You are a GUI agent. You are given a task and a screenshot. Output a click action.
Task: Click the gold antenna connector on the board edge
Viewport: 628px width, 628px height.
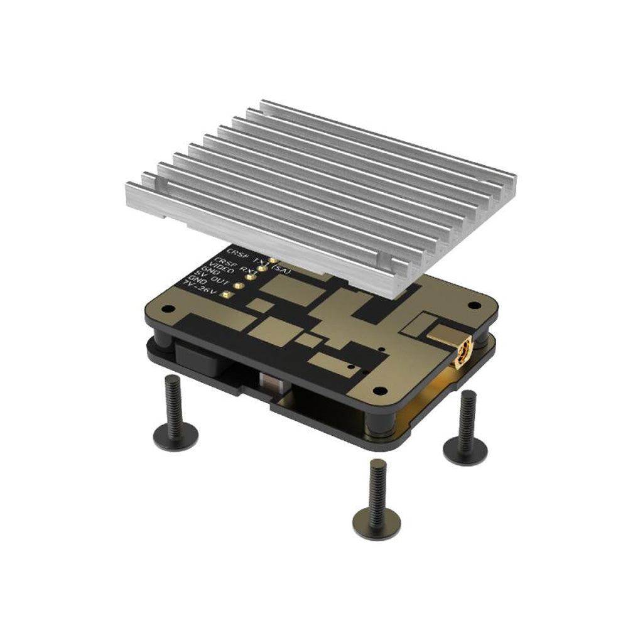pyautogui.click(x=464, y=353)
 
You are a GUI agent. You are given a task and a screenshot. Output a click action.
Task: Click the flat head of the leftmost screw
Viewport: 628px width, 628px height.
pyautogui.click(x=176, y=435)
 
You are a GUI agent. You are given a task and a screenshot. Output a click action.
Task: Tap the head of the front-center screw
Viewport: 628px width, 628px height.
pyautogui.click(x=376, y=522)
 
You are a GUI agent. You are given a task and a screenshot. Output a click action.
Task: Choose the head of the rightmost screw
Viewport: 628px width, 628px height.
pyautogui.click(x=465, y=450)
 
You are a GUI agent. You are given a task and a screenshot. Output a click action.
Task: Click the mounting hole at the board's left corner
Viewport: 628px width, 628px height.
pyautogui.click(x=167, y=310)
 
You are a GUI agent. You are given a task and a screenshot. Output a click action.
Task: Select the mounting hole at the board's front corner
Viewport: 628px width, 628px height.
pyautogui.click(x=377, y=391)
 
